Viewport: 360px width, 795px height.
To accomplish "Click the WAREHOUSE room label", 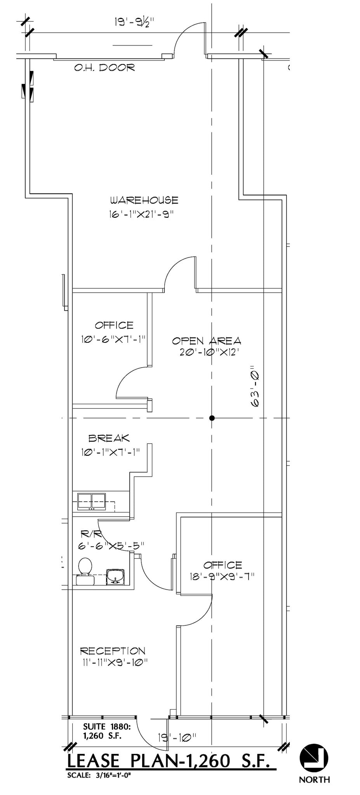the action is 144,200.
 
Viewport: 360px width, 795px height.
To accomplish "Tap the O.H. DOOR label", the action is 104,68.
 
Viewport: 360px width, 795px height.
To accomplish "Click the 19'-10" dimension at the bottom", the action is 177,737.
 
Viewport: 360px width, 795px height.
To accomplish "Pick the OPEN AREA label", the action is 207,341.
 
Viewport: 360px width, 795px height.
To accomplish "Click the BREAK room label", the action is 109,438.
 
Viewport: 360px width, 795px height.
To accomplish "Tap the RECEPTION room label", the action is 113,651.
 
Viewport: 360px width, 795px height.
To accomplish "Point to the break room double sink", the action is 92,502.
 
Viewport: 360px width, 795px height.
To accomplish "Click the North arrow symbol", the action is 314,758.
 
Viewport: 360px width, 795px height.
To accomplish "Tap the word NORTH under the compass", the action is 314,779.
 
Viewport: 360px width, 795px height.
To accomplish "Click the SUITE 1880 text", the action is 106,726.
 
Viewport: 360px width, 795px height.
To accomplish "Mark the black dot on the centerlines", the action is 212,418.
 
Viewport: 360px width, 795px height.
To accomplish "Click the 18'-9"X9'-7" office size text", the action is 222,577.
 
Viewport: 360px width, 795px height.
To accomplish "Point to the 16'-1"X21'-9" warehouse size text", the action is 141,214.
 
